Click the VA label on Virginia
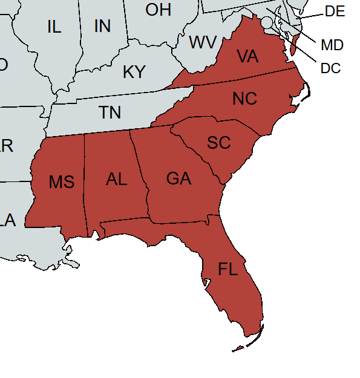247,57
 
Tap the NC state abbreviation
244,99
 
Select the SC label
218,143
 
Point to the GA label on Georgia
178,178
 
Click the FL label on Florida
228,269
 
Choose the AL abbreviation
116,179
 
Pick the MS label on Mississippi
62,181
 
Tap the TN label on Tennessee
110,112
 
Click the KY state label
134,72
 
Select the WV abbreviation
203,43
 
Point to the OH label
159,10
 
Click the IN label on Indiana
102,27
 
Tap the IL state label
54,27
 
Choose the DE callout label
335,11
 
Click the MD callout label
332,45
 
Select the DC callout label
330,68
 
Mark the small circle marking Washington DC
267,22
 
